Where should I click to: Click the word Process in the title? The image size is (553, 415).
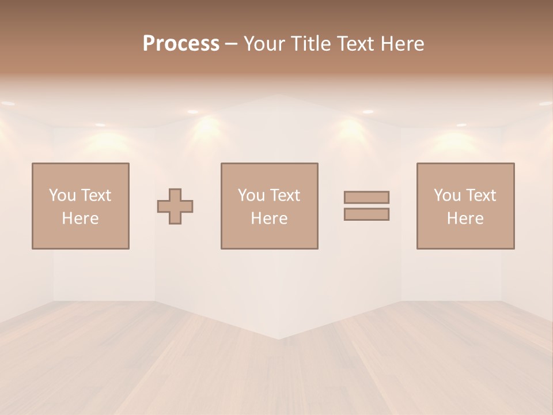click(x=181, y=44)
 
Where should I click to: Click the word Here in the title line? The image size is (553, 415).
click(x=403, y=44)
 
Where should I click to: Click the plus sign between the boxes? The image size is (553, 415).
click(x=175, y=206)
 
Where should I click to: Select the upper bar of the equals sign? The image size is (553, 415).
click(x=366, y=197)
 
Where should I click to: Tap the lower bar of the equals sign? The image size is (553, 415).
click(x=366, y=214)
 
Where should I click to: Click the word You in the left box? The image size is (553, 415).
click(x=62, y=195)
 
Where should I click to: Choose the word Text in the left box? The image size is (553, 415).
click(x=96, y=195)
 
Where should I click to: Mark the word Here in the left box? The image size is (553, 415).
click(x=80, y=218)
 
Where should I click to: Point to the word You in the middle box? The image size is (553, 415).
click(x=251, y=195)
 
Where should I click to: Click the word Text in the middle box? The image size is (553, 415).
click(x=285, y=195)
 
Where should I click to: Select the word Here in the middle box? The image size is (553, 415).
click(x=269, y=218)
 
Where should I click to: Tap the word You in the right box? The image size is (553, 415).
click(x=447, y=195)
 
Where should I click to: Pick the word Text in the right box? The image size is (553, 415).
click(x=480, y=195)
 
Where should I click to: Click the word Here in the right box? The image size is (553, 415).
click(x=465, y=218)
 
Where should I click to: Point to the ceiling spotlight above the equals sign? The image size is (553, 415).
click(x=368, y=112)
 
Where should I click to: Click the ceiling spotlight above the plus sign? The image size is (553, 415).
click(x=192, y=112)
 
